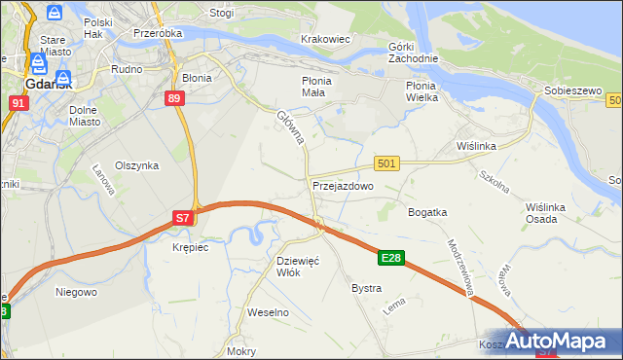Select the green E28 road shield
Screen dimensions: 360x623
(x=391, y=258)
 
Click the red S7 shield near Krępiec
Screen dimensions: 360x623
(x=182, y=219)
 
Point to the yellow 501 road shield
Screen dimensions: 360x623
(x=386, y=164)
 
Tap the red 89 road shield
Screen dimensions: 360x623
(x=174, y=98)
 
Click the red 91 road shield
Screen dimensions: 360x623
(x=18, y=101)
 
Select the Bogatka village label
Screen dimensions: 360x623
(x=427, y=212)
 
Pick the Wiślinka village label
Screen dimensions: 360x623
(x=477, y=146)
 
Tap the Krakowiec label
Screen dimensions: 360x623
(x=325, y=39)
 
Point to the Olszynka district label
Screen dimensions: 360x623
(x=136, y=165)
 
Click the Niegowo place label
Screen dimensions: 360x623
(x=76, y=291)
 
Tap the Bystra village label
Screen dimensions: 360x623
(x=366, y=289)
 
